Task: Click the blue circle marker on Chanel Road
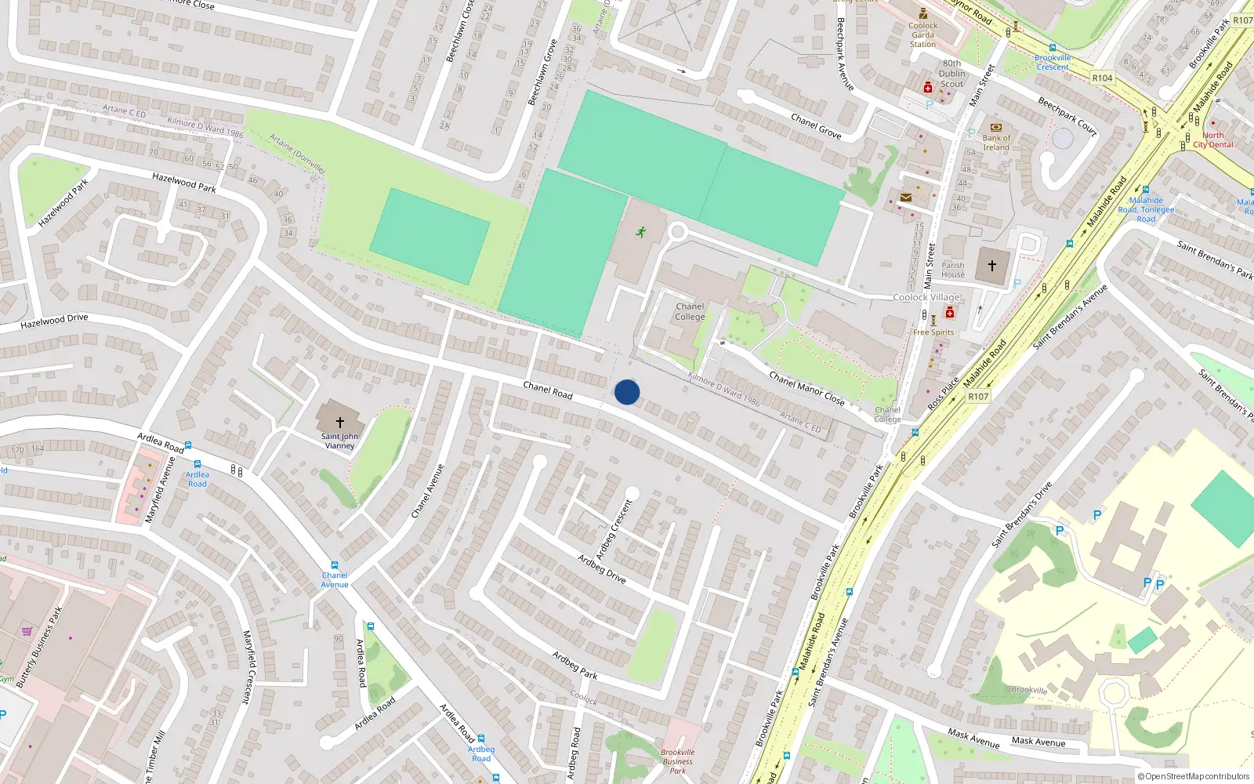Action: tap(627, 392)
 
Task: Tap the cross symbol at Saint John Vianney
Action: tap(340, 422)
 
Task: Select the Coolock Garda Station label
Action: tap(922, 34)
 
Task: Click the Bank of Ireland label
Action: tap(996, 143)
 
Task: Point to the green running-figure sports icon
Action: tap(641, 232)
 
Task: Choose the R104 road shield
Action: tap(1102, 78)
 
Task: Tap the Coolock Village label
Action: tap(926, 297)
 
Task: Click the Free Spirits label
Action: tap(933, 332)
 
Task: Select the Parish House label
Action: tap(953, 270)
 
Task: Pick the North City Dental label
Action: tap(1212, 140)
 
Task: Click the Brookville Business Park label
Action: tap(677, 760)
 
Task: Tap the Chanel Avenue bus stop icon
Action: tap(335, 565)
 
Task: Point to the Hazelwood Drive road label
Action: tap(54, 321)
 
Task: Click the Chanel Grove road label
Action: tap(816, 126)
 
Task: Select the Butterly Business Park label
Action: tap(39, 647)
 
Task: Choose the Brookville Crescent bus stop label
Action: tap(1053, 62)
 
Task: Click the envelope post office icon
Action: tap(906, 198)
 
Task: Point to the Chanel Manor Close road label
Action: tap(806, 388)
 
